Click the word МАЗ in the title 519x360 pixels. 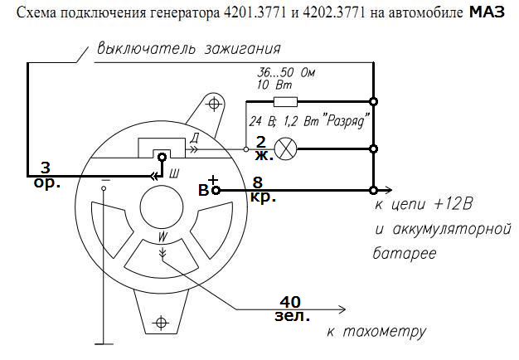pyautogui.click(x=487, y=12)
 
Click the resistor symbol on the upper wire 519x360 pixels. pyautogui.click(x=285, y=102)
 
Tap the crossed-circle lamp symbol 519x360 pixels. pyautogui.click(x=286, y=149)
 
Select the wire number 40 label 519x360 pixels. pyautogui.click(x=290, y=302)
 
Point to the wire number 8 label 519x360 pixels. pyautogui.click(x=257, y=182)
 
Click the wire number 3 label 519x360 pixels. pyautogui.click(x=46, y=168)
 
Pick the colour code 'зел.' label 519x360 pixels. pyautogui.click(x=292, y=316)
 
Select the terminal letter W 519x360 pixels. pyautogui.click(x=162, y=236)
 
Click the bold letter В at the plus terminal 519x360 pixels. pyautogui.click(x=203, y=191)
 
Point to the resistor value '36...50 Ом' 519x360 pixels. pyautogui.click(x=286, y=72)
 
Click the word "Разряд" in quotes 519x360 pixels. pyautogui.click(x=346, y=121)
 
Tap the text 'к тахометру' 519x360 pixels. pyautogui.click(x=376, y=331)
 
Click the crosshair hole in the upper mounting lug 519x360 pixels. pyautogui.click(x=214, y=105)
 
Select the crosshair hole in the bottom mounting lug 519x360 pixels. pyautogui.click(x=161, y=322)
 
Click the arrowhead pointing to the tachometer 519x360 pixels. pyautogui.click(x=342, y=309)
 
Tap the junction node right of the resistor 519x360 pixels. pyautogui.click(x=373, y=102)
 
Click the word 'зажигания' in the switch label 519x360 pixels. pyautogui.click(x=243, y=49)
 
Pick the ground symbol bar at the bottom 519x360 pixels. pyautogui.click(x=104, y=344)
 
